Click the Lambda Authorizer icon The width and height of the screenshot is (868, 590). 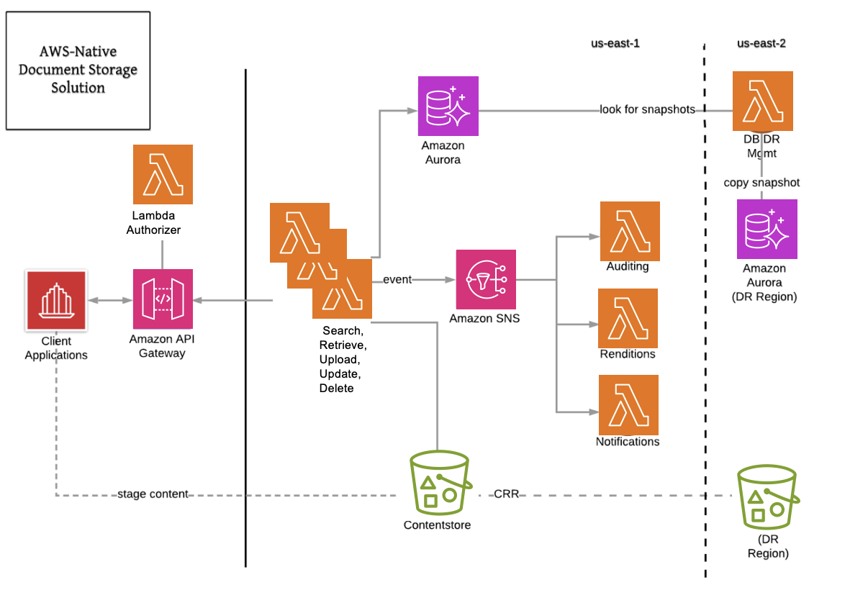pos(163,175)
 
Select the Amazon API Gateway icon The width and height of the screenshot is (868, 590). pos(163,299)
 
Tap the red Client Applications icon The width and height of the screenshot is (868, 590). pos(55,300)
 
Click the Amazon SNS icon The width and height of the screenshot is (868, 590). pos(486,279)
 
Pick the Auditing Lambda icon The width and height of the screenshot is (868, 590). pos(630,231)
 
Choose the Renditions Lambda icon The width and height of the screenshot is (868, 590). pos(628,318)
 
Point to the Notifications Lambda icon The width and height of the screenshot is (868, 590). pos(628,405)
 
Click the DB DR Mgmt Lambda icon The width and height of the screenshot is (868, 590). pos(762,101)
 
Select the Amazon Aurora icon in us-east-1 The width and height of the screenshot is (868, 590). pos(448,106)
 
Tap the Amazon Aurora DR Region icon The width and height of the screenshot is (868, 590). pos(767,230)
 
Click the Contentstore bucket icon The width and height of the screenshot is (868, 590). pos(438,482)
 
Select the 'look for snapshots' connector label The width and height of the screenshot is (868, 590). pos(647,110)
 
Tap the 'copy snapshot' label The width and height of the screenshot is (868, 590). pos(761,183)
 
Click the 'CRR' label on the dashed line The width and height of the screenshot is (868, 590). pos(507,495)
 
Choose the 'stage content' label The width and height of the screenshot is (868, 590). pos(153,494)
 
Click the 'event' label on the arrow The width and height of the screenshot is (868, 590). pos(397,279)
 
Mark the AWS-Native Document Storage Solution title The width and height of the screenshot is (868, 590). pos(78,70)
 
